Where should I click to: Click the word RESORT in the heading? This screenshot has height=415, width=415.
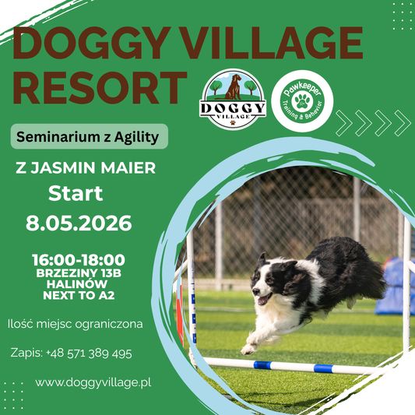[x=99, y=86]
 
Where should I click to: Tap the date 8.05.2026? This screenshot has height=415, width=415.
[x=79, y=224]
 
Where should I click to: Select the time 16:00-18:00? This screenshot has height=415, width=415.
[x=79, y=259]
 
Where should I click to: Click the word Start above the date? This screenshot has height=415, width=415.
[x=76, y=193]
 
